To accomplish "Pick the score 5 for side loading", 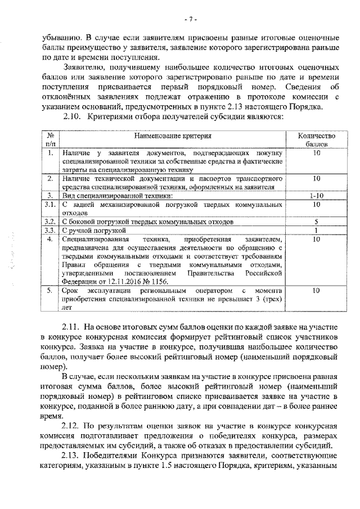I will (316, 222).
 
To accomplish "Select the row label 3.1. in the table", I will (49, 205).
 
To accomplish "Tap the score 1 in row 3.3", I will (316, 230).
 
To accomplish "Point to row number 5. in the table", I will (49, 291).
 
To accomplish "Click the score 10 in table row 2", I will (316, 178).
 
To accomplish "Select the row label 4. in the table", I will (49, 239).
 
